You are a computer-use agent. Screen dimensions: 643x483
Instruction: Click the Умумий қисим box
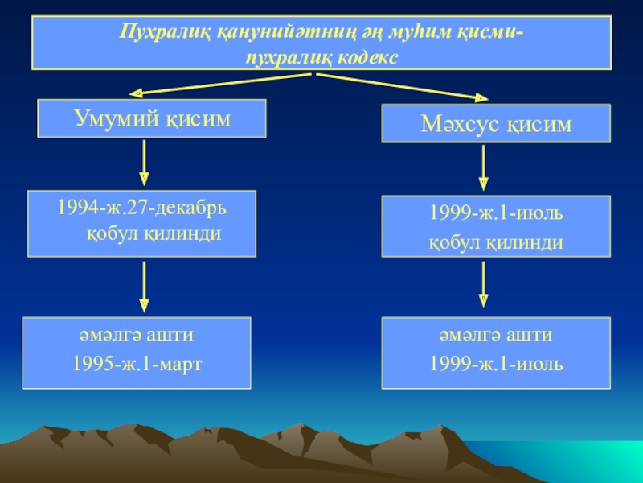tap(152, 119)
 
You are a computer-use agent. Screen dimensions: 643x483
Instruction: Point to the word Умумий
tap(114, 119)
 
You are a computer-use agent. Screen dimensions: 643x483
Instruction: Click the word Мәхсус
tap(459, 125)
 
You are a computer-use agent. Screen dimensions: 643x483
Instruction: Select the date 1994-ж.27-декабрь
tap(141, 208)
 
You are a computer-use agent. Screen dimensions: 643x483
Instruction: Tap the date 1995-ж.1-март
tap(137, 364)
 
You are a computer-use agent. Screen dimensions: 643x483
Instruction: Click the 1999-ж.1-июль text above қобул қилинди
tap(496, 216)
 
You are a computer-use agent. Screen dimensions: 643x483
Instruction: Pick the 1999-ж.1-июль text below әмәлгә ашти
tap(496, 364)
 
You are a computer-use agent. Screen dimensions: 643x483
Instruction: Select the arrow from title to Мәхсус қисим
tap(402, 85)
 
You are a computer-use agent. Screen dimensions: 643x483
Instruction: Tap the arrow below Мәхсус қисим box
tap(484, 167)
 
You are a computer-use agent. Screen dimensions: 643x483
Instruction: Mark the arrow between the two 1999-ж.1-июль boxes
tap(484, 283)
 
